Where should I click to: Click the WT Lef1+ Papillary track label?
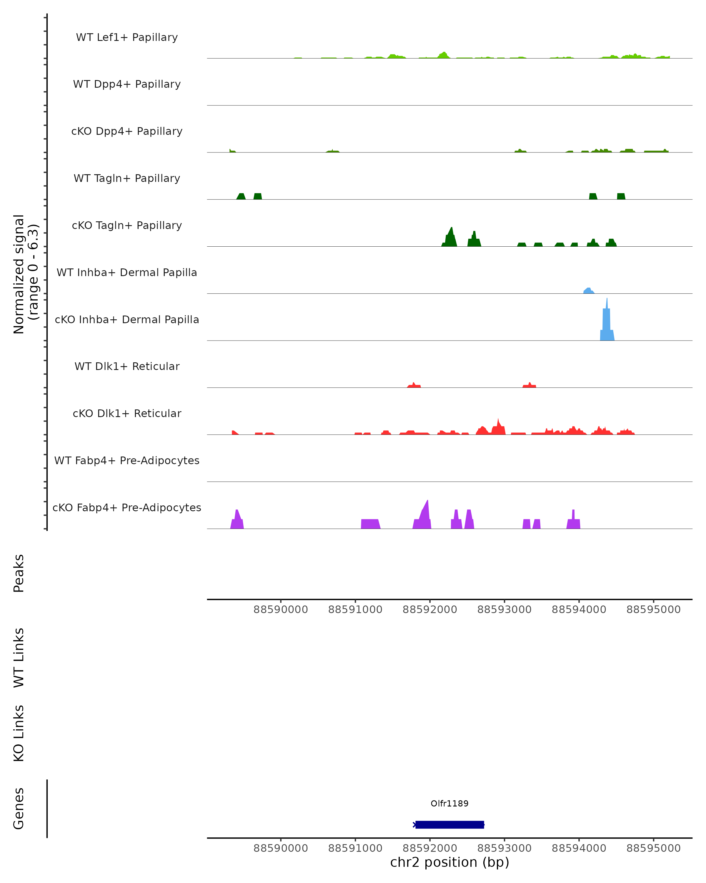coord(127,38)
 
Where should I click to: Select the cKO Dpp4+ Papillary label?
coord(127,132)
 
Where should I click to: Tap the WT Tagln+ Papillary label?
coord(127,179)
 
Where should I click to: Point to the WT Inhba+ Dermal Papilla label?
coord(127,273)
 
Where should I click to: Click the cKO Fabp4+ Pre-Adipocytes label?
coord(127,508)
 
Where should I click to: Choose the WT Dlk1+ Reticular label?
coord(127,366)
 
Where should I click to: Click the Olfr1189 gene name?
coord(449,804)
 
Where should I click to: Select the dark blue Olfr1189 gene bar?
coord(449,825)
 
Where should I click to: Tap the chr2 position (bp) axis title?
coord(449,862)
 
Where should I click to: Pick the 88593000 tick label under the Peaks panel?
coord(504,610)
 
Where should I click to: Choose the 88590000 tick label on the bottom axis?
coord(280,848)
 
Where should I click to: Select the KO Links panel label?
coord(19,733)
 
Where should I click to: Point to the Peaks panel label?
coord(19,573)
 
